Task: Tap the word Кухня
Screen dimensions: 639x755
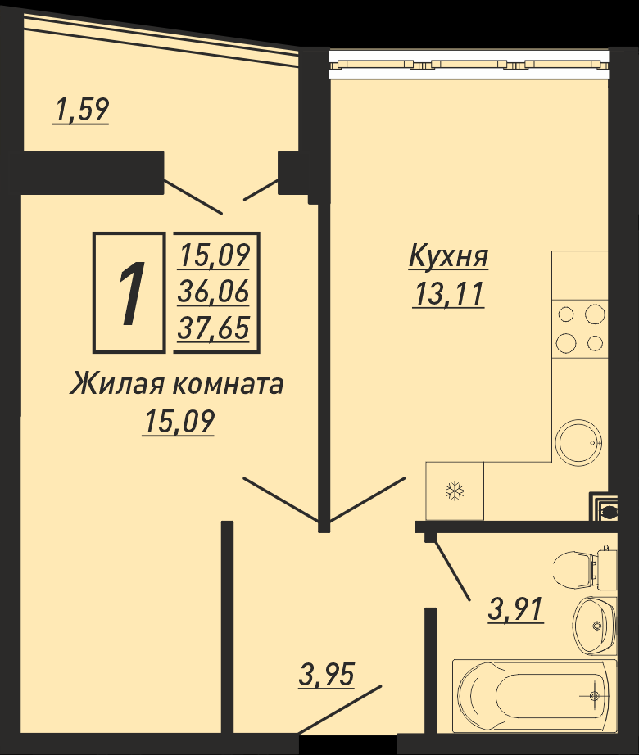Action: click(x=448, y=256)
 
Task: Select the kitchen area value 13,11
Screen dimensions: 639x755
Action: click(x=448, y=294)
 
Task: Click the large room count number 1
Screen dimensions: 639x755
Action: click(x=131, y=293)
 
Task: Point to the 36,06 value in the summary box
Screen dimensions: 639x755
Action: click(x=213, y=292)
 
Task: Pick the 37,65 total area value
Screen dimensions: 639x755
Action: click(x=213, y=328)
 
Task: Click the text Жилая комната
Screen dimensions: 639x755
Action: click(x=177, y=385)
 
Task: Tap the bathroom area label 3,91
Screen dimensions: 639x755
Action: click(x=515, y=609)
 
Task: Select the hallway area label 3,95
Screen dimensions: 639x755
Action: click(x=327, y=674)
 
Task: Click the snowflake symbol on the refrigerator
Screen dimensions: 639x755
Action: click(x=454, y=491)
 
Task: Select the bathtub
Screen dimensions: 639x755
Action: click(x=534, y=695)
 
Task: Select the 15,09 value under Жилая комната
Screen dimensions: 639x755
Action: click(x=178, y=423)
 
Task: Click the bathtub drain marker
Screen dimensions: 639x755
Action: click(x=595, y=696)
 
